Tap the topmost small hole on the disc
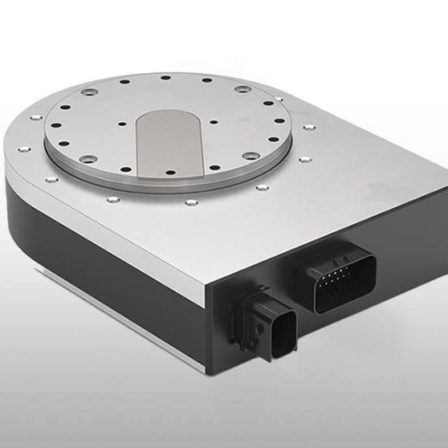point(165,78)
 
